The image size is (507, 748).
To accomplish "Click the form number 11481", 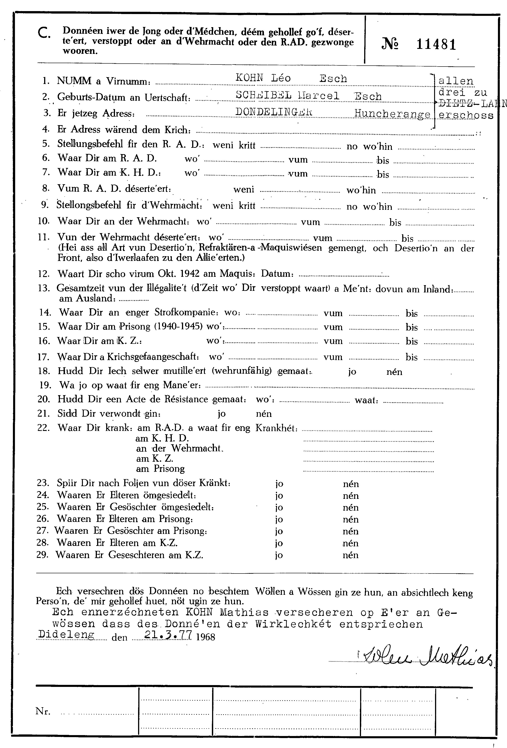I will coord(436,44).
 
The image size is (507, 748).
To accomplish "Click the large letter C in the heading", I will coord(44,33).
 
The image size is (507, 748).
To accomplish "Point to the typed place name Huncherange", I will coord(392,114).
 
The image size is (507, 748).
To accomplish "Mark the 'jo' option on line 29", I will coord(279,555).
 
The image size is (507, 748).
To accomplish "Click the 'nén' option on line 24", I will coord(351,496).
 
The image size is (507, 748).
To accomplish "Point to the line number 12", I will coord(43,274).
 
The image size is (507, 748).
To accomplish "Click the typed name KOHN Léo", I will coord(263,78).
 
